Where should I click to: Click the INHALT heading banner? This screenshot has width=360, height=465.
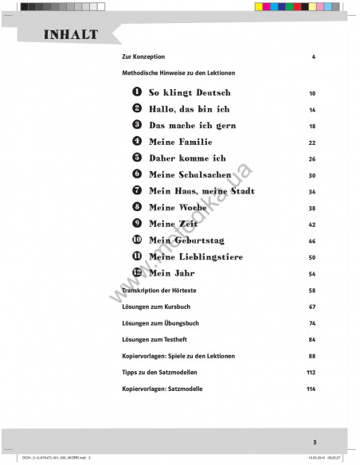click(71, 35)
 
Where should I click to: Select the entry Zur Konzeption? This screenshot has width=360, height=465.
click(143, 57)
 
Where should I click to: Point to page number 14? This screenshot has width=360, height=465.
click(312, 110)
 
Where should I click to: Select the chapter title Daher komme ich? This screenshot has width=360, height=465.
click(187, 158)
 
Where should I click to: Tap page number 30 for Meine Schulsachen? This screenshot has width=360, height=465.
click(312, 175)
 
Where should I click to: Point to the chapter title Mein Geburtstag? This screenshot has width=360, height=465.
click(189, 240)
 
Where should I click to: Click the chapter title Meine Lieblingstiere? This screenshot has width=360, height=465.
click(196, 256)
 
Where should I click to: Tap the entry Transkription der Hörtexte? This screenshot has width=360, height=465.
click(159, 291)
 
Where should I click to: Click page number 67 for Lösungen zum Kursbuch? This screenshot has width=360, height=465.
click(312, 307)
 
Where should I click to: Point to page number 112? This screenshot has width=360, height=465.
click(311, 372)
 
